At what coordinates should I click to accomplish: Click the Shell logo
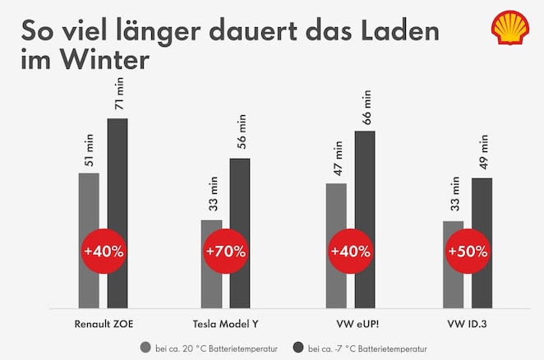(x=510, y=28)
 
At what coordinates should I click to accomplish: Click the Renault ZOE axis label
(x=103, y=322)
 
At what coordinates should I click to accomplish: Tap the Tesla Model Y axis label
(x=225, y=322)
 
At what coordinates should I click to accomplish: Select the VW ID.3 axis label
(x=467, y=322)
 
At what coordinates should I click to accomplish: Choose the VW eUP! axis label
(x=350, y=322)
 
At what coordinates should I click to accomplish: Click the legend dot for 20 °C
(x=145, y=347)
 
